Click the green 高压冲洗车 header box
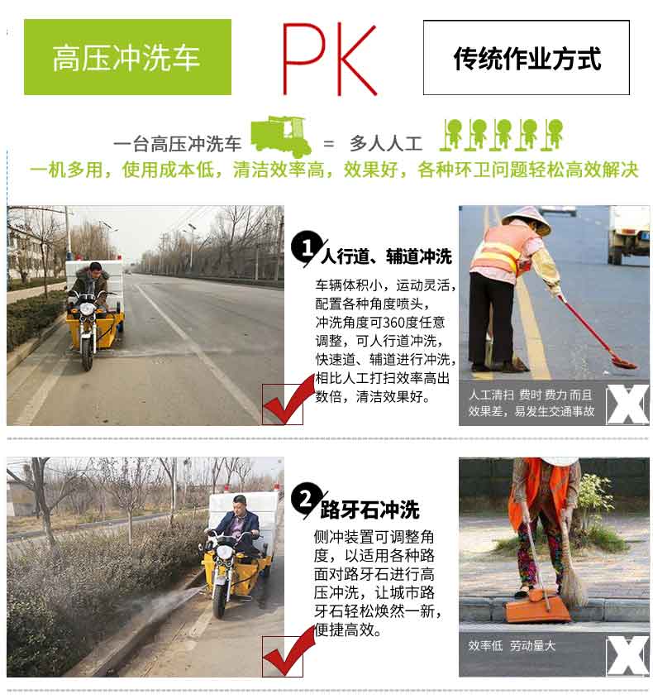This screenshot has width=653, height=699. [x=127, y=57]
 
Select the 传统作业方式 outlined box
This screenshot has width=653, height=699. [x=527, y=58]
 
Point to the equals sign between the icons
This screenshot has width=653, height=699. [x=329, y=143]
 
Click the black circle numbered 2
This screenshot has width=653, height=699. [x=305, y=499]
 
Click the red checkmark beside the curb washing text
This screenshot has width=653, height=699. [x=282, y=657]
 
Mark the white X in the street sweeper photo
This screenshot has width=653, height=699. [x=626, y=404]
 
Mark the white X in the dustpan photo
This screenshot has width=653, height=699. [x=626, y=656]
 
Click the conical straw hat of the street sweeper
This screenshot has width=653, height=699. [x=526, y=217]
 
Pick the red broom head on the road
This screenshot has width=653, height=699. [x=622, y=362]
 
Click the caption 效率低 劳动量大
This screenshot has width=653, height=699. [x=512, y=646]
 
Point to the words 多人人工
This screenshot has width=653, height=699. [x=381, y=143]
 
